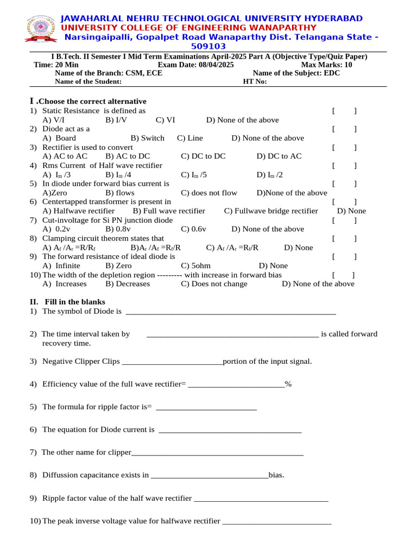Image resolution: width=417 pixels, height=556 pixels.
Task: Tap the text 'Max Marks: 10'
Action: pos(326,65)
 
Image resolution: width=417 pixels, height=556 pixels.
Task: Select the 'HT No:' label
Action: pos(255,81)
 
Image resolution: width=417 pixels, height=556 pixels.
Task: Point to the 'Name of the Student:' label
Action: pos(89,81)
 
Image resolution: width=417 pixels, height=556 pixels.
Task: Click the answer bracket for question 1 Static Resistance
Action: pos(344,111)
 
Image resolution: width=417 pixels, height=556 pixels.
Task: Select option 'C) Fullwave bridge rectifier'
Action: pos(271,211)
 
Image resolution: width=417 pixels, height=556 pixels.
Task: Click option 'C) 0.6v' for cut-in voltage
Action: pos(193,229)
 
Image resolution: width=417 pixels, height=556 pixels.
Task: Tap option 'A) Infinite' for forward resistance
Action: pos(61,266)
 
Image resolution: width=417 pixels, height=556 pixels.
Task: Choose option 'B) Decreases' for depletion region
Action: pos(128,283)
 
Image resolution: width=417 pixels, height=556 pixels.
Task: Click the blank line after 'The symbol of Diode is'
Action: pos(230,312)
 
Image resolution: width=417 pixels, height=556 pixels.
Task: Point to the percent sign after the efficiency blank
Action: pos(288,384)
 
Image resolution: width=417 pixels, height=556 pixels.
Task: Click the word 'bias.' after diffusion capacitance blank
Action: pos(276,475)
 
